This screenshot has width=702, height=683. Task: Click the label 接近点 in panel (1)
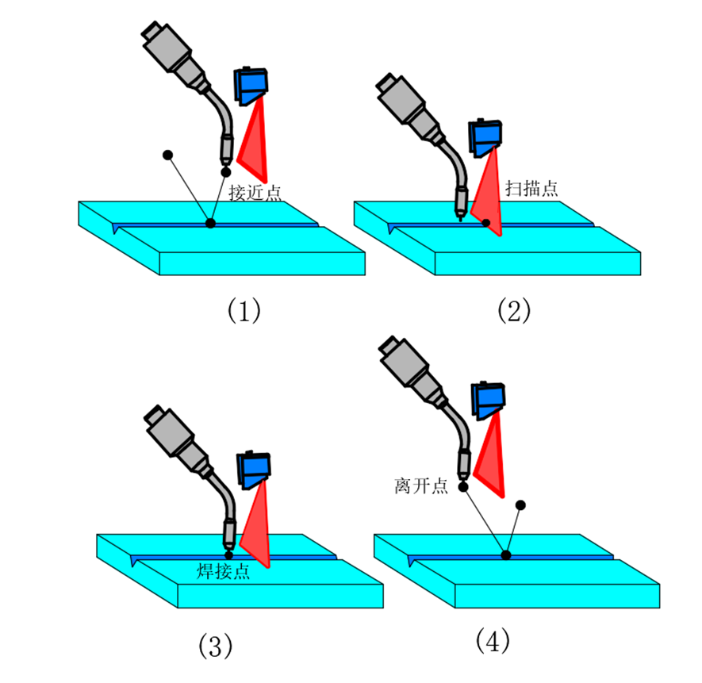coord(254,192)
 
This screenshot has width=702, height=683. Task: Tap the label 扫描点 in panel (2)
coord(531,188)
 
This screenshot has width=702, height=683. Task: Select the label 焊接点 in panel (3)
coord(224,571)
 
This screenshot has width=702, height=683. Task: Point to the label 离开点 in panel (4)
coord(420,485)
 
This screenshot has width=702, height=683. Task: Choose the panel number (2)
coord(513,311)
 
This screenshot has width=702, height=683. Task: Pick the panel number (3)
coord(214,646)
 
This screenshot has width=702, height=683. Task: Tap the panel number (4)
coord(492,639)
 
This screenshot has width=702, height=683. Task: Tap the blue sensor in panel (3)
coord(255,470)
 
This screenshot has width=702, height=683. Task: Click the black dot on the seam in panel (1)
coord(210,224)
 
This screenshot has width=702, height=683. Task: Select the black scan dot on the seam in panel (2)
coord(485,223)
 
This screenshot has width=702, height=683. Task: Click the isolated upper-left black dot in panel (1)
coord(167,154)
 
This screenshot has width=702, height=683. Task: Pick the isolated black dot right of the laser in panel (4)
coord(521,505)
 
